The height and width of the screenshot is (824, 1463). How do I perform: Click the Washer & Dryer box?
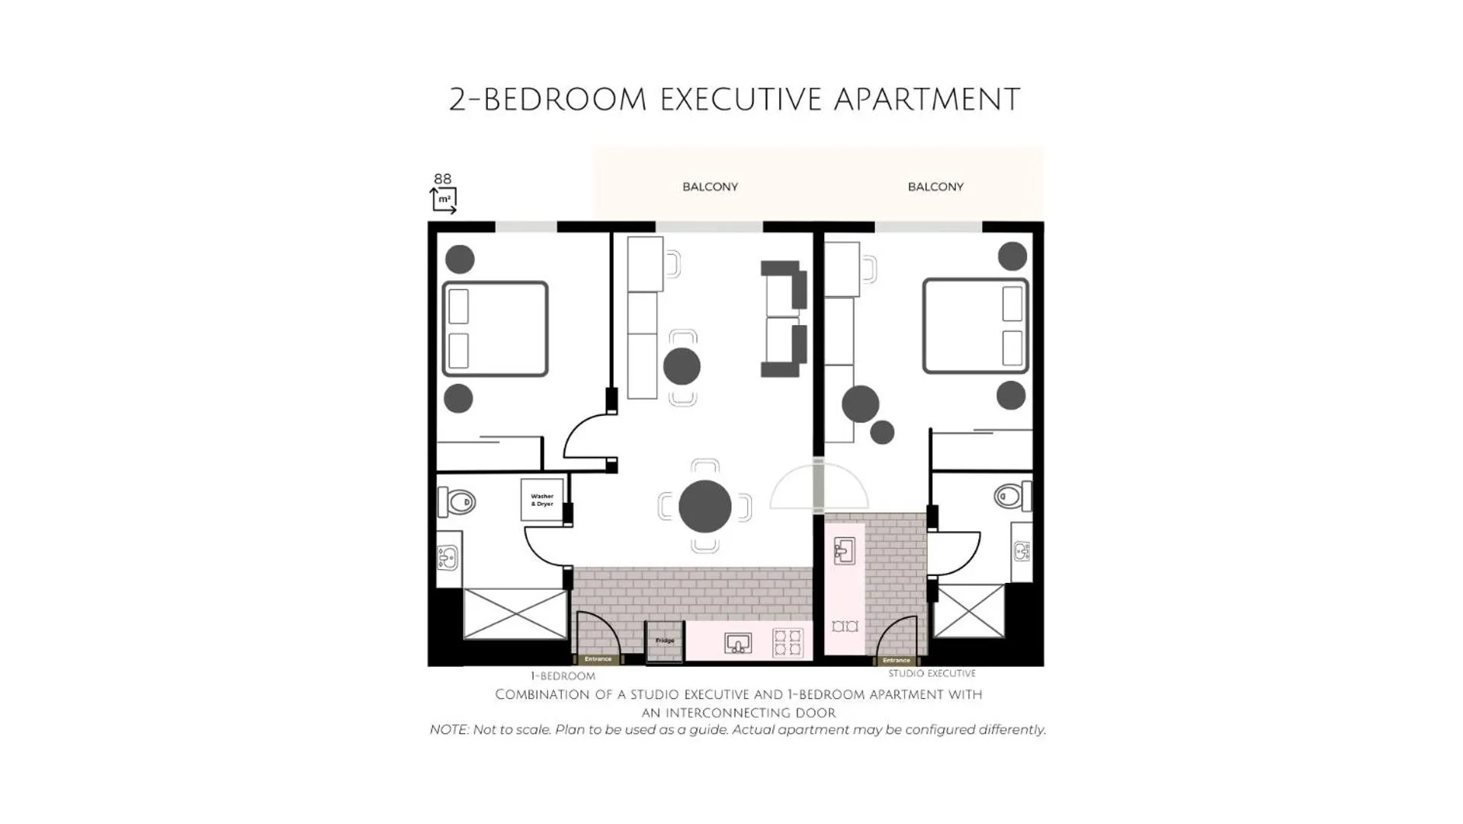542,500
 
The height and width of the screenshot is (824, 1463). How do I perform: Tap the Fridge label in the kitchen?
665,641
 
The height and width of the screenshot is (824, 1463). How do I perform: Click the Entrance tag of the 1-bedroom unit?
598,659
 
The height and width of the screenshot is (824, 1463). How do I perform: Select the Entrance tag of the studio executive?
896,661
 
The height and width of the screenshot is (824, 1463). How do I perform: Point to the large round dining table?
704,507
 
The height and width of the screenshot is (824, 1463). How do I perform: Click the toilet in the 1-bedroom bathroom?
458,502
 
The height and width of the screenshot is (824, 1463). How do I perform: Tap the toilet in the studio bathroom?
1011,496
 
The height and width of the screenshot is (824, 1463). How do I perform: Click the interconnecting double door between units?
818,487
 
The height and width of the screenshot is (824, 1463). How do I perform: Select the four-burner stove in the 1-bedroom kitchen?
788,642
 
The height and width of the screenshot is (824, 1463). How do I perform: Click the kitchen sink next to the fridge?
737,643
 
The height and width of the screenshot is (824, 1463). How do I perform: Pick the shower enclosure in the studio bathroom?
969,611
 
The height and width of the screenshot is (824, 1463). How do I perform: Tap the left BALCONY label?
710,187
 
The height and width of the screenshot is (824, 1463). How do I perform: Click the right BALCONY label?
935,187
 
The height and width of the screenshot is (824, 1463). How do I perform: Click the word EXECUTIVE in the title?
740,100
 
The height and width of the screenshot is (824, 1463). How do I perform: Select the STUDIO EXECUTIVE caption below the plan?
932,674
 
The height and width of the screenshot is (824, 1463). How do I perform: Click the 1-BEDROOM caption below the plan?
563,676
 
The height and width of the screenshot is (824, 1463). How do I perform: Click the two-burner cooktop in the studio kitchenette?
845,626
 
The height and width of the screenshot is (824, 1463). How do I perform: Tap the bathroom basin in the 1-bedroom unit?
448,558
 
